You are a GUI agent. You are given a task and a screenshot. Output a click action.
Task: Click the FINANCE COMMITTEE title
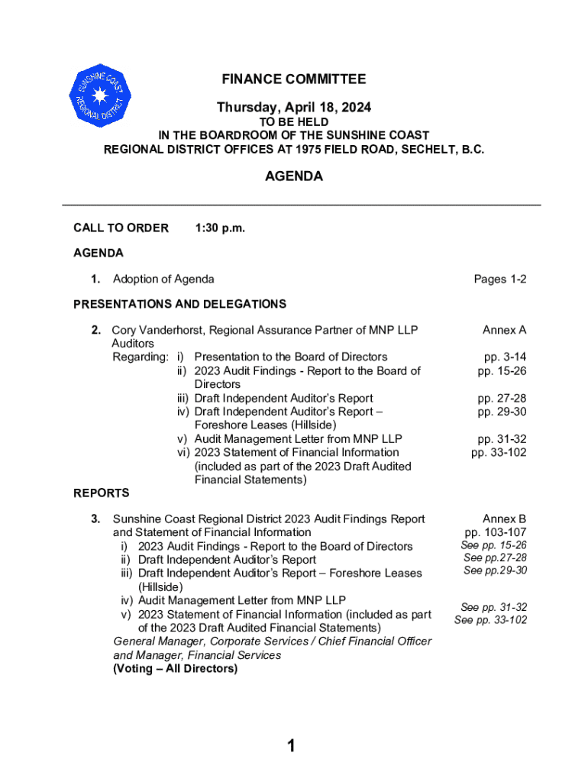pos(294,79)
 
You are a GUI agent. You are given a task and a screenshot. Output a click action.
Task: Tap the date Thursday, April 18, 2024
pos(294,108)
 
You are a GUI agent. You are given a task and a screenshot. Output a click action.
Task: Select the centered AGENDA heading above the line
pos(294,176)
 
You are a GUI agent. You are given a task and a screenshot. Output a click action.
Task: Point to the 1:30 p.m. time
pos(220,228)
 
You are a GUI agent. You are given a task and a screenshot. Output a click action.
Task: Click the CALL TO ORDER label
pos(121,228)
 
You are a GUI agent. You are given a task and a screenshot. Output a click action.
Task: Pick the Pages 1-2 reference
pos(499,280)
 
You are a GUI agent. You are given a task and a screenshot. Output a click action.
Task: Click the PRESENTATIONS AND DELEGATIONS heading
pos(179,304)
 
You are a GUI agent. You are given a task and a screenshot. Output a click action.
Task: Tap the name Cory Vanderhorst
pos(158,331)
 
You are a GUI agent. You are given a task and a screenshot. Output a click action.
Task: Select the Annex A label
pos(504,331)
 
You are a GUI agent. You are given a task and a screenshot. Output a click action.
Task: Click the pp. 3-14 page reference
pos(505,357)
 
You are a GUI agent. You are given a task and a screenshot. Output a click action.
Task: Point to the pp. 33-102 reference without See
pos(499,453)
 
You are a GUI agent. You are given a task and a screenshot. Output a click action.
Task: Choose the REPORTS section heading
pos(102,493)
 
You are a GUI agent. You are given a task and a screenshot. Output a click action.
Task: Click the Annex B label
pos(504,519)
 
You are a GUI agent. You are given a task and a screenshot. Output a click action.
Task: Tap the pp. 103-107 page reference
pos(495,532)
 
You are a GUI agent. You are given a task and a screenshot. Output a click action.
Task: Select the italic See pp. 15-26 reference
pos(493,545)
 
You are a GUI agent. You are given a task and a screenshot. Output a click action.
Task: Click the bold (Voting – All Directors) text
pos(175,669)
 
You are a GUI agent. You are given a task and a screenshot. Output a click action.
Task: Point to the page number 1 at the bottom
pos(291,746)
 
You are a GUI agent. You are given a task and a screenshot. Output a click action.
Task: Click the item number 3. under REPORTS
pos(95,519)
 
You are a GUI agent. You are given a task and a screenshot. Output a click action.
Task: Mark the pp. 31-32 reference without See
pos(502,439)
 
